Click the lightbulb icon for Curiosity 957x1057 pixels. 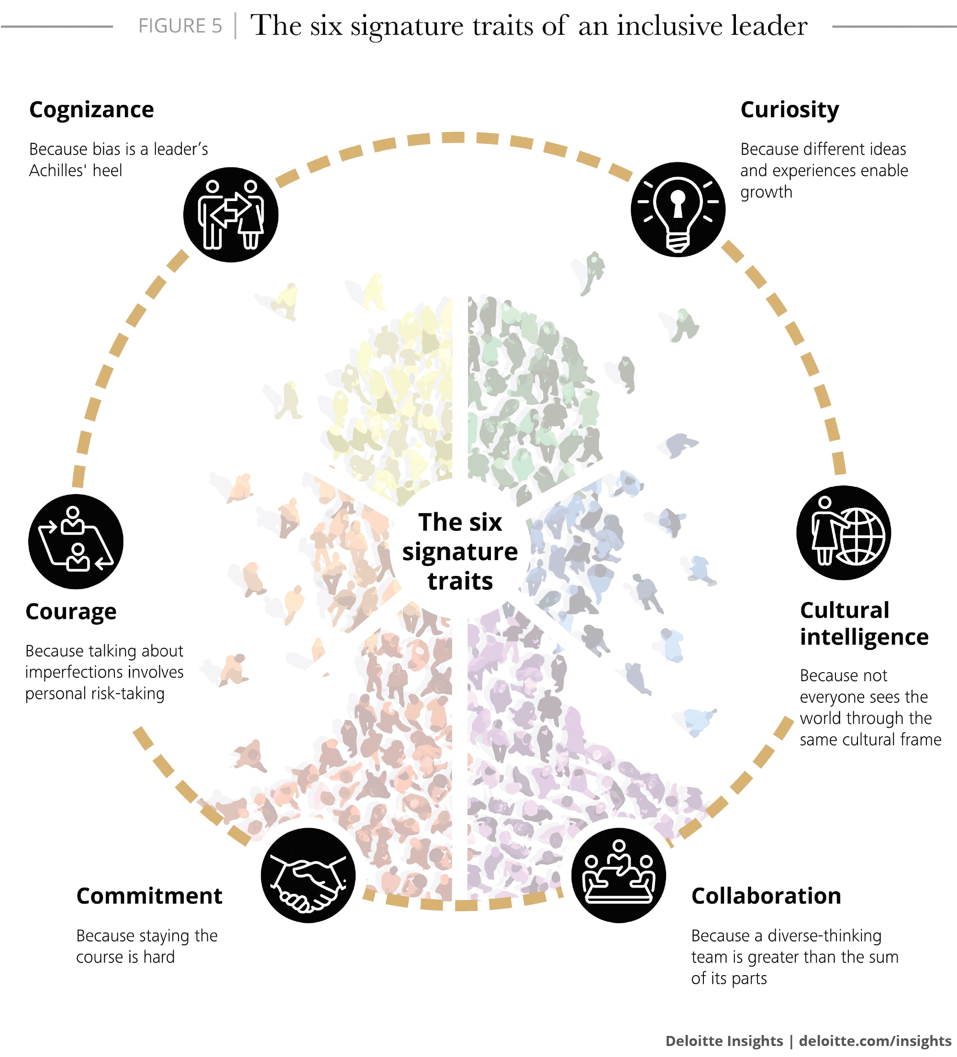[x=678, y=209]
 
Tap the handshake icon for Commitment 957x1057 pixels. [x=308, y=875]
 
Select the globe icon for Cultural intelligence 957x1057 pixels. [x=843, y=533]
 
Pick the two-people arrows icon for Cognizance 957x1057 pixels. [x=231, y=214]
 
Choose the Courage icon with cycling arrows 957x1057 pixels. [x=76, y=541]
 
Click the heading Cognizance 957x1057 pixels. [x=92, y=110]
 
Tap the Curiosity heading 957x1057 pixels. [x=790, y=110]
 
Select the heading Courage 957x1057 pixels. [x=71, y=611]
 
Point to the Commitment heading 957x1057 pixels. [x=149, y=896]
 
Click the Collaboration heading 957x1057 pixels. [x=766, y=896]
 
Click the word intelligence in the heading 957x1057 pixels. [x=864, y=637]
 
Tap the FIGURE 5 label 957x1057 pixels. [x=180, y=26]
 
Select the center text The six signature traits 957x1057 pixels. [x=460, y=551]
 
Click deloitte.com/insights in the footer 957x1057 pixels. [x=875, y=1041]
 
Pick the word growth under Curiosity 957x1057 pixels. [x=766, y=192]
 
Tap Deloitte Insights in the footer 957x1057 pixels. [x=724, y=1041]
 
